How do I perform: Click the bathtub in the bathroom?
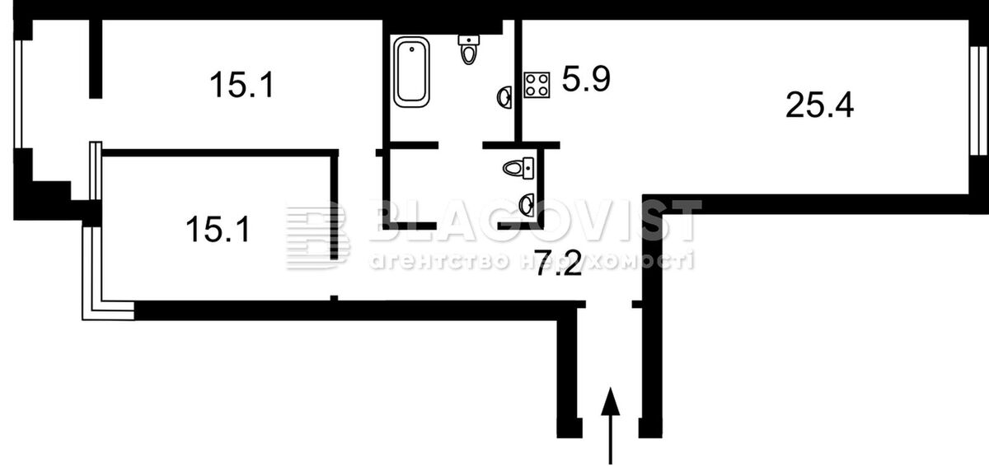pos(411,72)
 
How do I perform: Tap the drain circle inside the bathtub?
pos(412,49)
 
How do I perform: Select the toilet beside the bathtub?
pos(469,50)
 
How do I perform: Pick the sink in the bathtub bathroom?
pos(504,97)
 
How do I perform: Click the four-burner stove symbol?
pos(537,85)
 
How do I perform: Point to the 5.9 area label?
pos(586,79)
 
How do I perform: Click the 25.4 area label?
pos(819,105)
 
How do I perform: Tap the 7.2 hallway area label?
pos(559,263)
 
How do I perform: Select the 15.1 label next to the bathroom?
pos(242,85)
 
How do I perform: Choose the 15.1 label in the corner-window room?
pos(218,229)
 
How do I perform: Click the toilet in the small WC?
pos(518,168)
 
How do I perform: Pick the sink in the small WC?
pos(527,205)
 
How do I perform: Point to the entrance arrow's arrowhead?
pos(610,401)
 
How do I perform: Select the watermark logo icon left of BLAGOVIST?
pos(318,235)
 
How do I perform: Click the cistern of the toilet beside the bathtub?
pos(469,40)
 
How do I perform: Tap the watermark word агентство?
pos(440,261)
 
